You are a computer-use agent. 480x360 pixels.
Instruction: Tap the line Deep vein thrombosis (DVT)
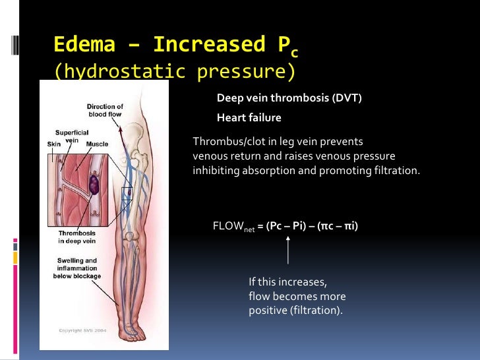tap(289, 98)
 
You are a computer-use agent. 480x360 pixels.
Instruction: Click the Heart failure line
tap(249, 118)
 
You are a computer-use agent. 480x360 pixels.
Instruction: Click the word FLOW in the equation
tap(228, 226)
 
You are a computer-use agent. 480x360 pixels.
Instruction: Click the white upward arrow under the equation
tap(288, 250)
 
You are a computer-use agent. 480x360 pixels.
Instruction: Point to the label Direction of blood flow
tap(105, 111)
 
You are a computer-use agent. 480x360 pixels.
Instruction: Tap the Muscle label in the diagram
tap(97, 144)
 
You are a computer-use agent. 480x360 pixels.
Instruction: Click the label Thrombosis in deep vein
tap(77, 237)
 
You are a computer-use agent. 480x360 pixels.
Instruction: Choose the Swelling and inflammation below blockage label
tap(77, 268)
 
